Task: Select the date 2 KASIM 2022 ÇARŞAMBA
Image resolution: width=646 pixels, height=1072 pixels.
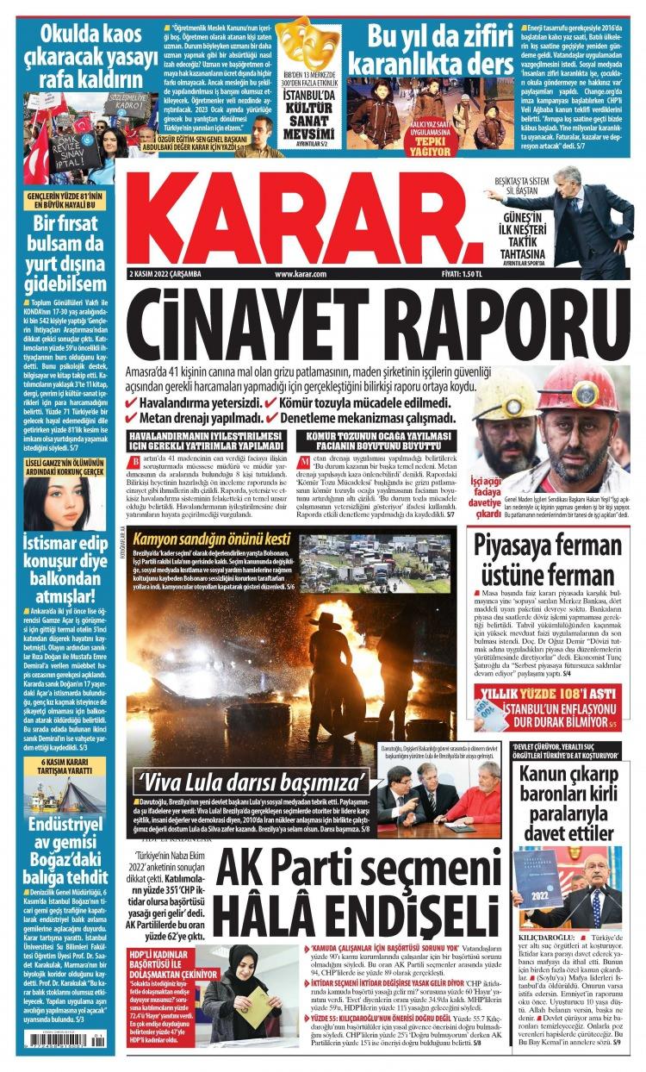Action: (x=164, y=274)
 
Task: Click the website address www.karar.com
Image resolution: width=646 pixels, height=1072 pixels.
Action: (x=301, y=274)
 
